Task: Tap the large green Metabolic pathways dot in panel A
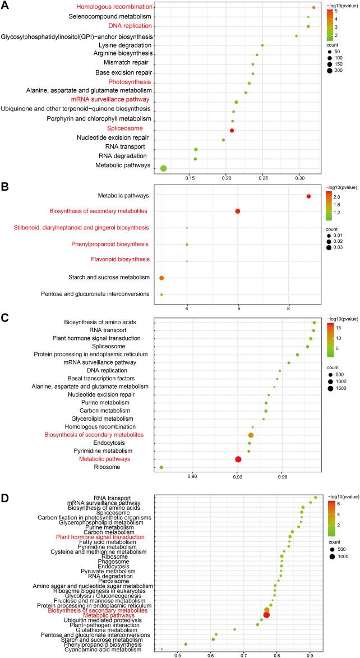point(164,168)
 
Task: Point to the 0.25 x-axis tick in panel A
point(263,178)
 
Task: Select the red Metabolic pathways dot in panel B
point(308,196)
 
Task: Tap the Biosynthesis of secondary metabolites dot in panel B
point(238,211)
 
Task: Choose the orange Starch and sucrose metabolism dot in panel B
point(161,278)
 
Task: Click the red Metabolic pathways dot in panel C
point(238,459)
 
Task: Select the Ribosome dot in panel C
point(161,467)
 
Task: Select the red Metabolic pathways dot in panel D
point(266,615)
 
